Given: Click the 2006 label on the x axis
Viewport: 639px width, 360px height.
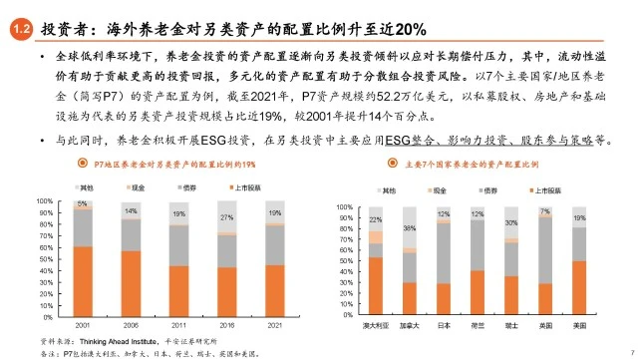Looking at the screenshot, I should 131,324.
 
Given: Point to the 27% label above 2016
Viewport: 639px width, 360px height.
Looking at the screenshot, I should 226,215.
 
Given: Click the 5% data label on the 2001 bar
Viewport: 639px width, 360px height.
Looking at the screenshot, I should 83,203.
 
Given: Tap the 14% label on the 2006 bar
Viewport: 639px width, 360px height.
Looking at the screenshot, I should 131,211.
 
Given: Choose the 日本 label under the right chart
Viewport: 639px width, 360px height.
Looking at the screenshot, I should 443,325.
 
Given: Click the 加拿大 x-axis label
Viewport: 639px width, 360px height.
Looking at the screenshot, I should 409,325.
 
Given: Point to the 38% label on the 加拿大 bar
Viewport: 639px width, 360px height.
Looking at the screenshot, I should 410,228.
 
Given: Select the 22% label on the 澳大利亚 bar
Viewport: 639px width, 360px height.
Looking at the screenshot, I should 375,219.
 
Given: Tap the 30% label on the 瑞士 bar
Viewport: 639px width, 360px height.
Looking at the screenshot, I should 511,222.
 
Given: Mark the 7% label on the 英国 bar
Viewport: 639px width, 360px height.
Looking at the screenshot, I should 545,211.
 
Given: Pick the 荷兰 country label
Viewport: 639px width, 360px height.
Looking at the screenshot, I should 478,325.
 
